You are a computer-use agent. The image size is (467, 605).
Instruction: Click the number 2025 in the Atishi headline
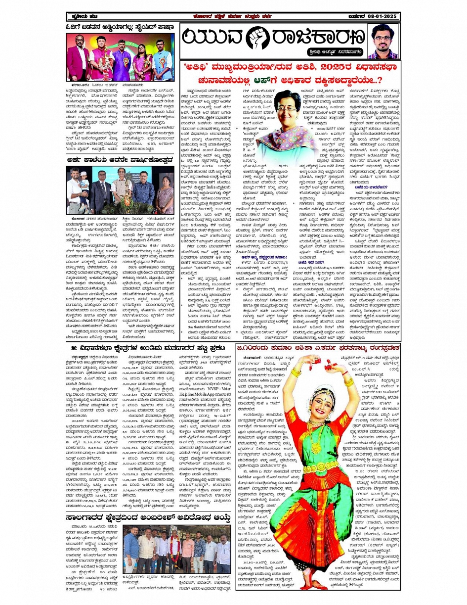pos(303,66)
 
